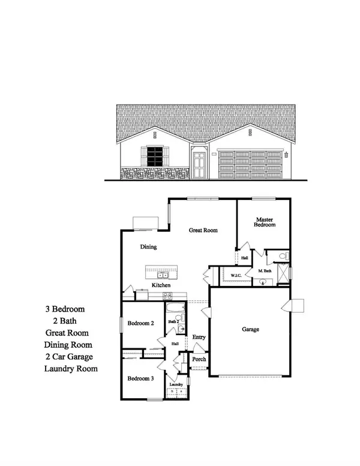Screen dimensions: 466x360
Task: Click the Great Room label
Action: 203,230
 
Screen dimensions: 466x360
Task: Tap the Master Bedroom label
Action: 265,222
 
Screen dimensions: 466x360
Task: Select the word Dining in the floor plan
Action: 149,246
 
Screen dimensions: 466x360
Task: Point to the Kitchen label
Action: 162,285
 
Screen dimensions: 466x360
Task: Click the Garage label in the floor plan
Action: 250,329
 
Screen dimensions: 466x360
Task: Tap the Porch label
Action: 199,359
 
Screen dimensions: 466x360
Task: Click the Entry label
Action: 199,337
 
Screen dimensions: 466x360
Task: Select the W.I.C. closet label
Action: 236,275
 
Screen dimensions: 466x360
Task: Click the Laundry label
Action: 176,384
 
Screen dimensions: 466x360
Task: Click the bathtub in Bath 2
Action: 175,310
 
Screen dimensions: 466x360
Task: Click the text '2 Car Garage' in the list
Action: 71,357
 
